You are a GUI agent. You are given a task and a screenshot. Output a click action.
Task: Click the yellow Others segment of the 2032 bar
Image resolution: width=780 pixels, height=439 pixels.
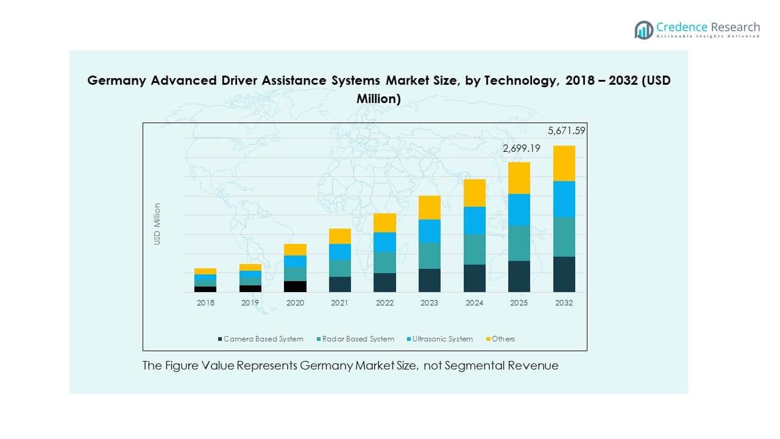(564, 163)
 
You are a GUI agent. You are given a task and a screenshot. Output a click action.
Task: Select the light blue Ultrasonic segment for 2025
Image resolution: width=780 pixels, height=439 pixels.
(519, 210)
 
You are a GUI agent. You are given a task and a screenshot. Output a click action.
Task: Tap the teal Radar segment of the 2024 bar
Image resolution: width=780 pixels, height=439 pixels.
(474, 249)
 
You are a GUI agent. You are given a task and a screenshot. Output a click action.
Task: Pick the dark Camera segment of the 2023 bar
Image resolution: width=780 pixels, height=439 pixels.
(429, 280)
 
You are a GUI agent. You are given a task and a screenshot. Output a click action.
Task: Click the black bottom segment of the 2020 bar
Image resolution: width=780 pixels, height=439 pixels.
(295, 286)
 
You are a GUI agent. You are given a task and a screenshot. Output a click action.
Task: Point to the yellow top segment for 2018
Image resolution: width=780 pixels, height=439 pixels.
(205, 271)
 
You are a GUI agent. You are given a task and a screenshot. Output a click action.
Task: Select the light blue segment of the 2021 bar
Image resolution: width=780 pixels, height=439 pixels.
(339, 252)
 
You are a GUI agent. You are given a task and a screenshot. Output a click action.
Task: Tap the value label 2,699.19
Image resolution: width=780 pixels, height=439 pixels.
(522, 148)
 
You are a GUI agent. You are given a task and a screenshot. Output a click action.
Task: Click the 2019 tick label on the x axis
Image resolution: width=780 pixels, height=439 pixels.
(250, 303)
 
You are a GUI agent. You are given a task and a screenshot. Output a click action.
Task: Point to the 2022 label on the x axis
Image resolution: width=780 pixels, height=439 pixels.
(385, 303)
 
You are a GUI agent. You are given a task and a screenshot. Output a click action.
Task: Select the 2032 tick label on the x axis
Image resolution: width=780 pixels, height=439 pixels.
(564, 303)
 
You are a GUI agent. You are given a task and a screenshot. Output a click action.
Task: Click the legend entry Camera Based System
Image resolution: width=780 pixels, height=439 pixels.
(263, 339)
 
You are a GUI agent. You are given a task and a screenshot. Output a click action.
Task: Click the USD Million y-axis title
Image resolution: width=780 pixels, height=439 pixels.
(157, 224)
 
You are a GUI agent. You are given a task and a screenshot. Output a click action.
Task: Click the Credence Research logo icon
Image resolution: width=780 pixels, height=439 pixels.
(643, 30)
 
